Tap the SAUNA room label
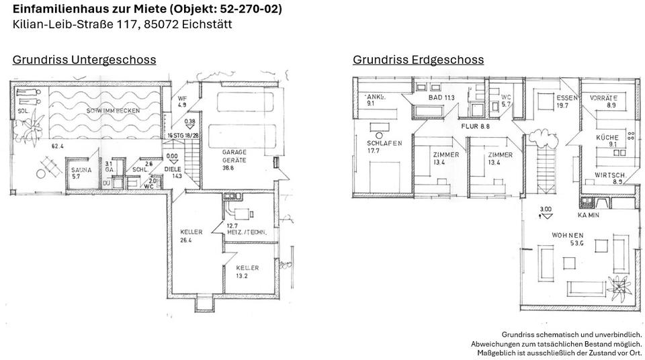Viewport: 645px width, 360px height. [x=81, y=170]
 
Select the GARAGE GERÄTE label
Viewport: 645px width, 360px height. [x=234, y=156]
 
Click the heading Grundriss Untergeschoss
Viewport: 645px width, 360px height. [x=84, y=60]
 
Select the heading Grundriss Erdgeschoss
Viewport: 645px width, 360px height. [x=418, y=60]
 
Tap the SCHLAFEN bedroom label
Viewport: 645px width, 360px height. [x=384, y=143]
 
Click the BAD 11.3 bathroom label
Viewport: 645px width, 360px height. [x=441, y=98]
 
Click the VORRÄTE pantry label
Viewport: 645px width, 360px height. [x=603, y=98]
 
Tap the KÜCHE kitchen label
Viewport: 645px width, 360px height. [x=607, y=138]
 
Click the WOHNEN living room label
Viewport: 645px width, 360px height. [x=568, y=235]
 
